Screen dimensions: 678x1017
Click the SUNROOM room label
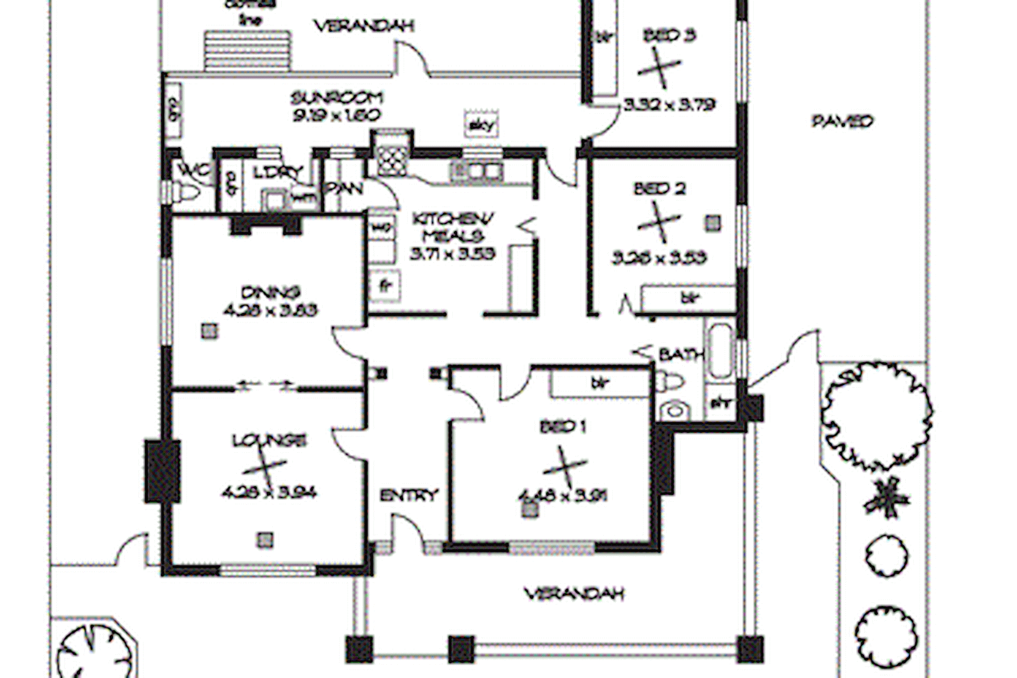click(337, 98)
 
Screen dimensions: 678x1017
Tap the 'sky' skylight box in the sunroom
click(481, 125)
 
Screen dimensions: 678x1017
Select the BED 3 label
click(669, 36)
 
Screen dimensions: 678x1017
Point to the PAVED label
click(842, 121)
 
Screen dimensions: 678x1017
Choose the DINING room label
click(271, 292)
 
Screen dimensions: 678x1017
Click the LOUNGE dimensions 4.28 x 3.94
click(269, 493)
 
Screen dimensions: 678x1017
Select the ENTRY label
click(409, 495)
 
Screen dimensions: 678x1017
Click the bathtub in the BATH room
click(720, 350)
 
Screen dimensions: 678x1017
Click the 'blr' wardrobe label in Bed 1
click(599, 382)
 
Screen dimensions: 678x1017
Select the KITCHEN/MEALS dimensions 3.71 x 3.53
click(452, 254)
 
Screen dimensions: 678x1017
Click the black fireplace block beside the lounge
click(162, 470)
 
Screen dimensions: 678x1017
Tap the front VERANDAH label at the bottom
click(574, 593)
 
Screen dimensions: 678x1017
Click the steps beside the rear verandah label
click(248, 51)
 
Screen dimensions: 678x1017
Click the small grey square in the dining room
click(210, 331)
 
